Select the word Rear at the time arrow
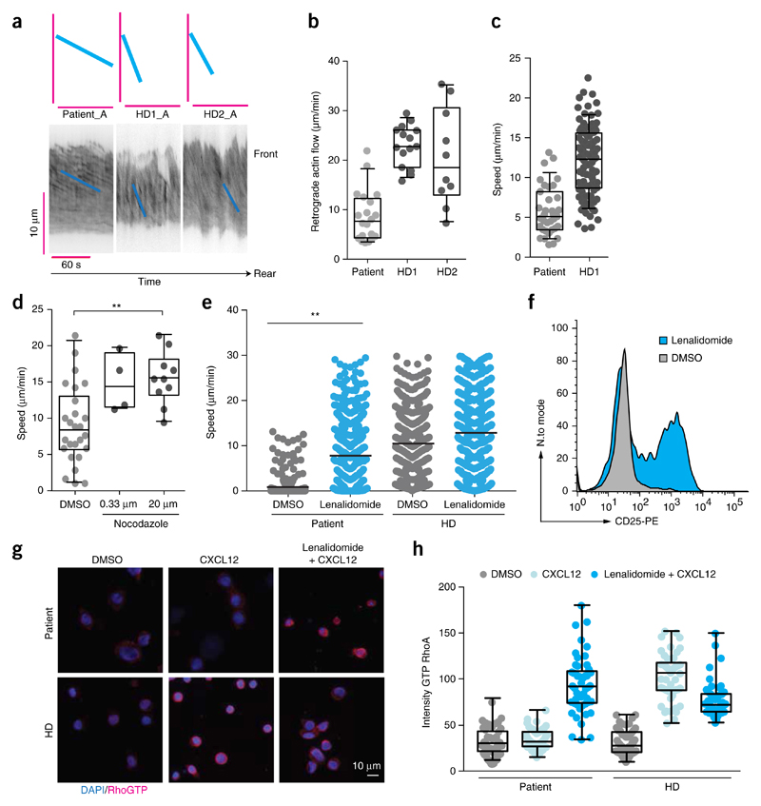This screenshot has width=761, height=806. pos(265,274)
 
